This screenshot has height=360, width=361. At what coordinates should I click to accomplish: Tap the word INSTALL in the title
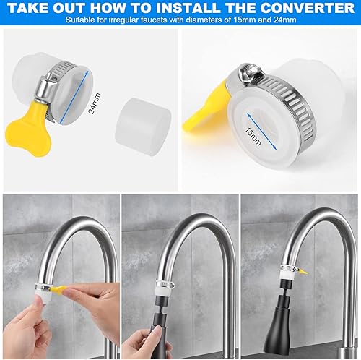[190, 8]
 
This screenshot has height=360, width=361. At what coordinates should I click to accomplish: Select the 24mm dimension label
[95, 103]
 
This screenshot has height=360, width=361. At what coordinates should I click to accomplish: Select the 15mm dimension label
[253, 136]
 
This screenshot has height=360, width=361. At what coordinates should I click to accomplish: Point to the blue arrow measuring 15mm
[261, 132]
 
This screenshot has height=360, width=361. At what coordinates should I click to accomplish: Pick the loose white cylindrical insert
[144, 126]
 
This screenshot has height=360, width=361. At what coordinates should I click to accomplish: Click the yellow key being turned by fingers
[58, 288]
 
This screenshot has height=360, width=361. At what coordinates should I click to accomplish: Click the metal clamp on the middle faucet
[165, 284]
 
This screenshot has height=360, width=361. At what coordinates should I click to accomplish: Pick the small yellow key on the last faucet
[303, 272]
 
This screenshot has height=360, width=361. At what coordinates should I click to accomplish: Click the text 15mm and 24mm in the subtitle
[265, 20]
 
